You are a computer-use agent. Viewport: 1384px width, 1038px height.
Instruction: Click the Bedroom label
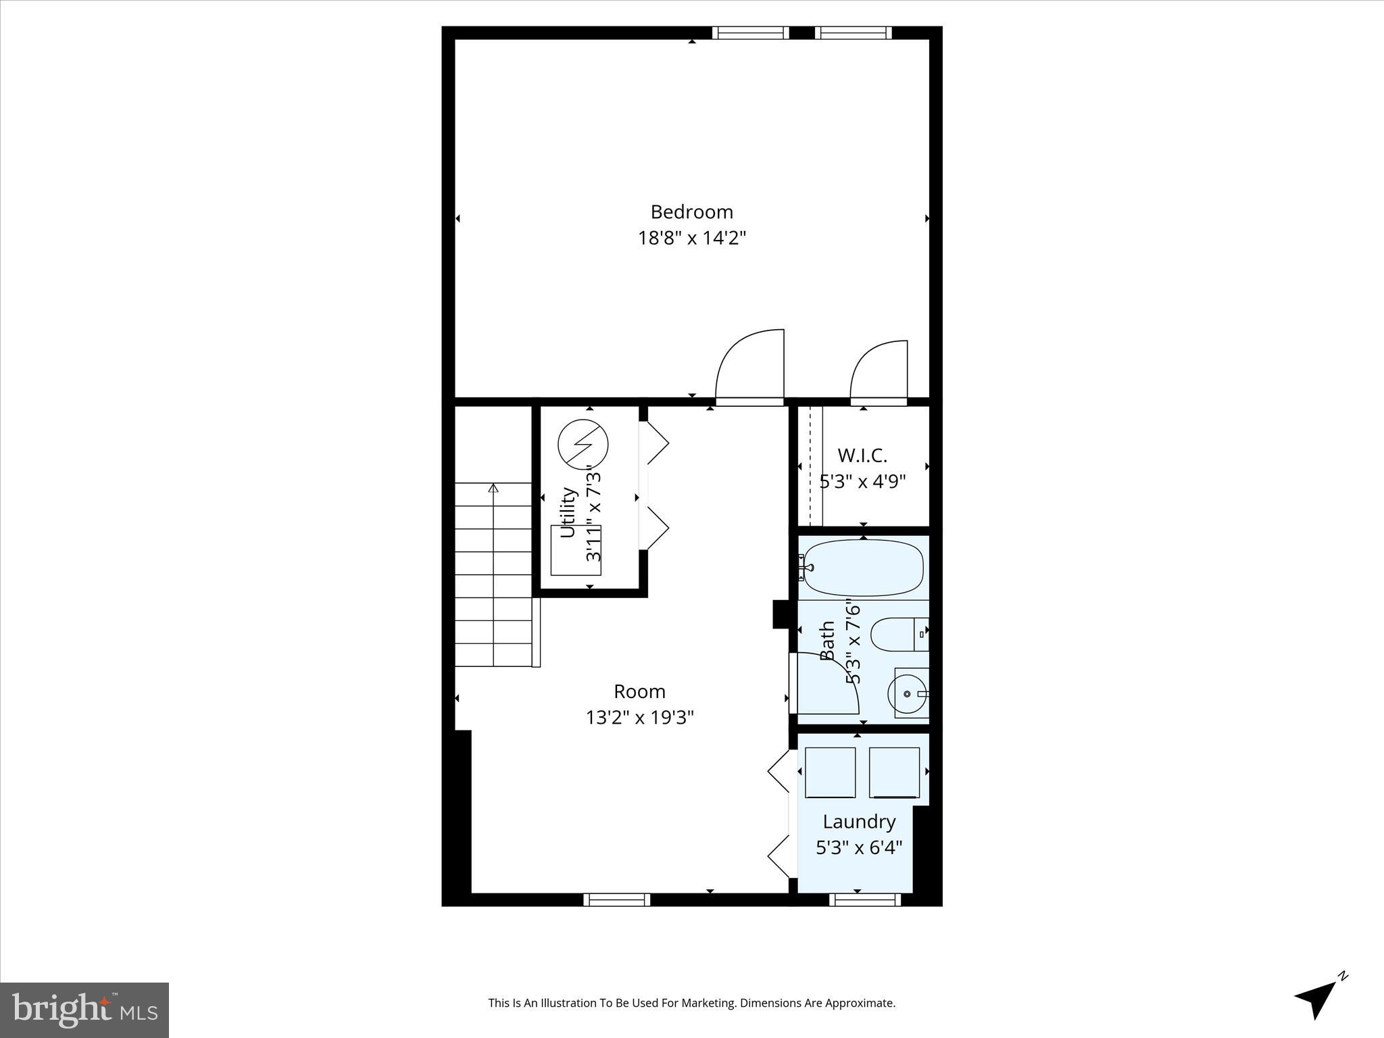(x=691, y=212)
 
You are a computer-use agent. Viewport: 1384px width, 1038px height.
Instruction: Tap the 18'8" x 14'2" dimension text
(x=691, y=238)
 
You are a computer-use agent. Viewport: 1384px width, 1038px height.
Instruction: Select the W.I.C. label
(x=862, y=455)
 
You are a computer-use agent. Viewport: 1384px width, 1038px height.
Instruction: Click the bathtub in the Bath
(x=864, y=567)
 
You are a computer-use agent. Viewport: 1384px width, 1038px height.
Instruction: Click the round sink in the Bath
(x=907, y=693)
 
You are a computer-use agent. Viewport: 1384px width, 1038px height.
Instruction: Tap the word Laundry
(x=859, y=822)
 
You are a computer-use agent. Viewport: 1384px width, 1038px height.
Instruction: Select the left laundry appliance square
(x=830, y=772)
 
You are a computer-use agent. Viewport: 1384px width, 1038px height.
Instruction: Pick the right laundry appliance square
(x=894, y=772)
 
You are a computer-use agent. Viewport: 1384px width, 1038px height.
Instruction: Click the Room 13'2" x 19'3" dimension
(x=639, y=717)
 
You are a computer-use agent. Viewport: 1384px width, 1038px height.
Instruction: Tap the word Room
(x=639, y=691)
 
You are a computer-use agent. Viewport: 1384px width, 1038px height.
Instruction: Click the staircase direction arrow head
(x=493, y=487)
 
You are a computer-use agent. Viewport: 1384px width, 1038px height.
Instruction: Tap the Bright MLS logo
(x=84, y=1010)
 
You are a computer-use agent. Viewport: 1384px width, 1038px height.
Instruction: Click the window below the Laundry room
(x=864, y=899)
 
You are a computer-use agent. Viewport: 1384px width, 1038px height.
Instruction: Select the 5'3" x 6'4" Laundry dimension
(x=859, y=847)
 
